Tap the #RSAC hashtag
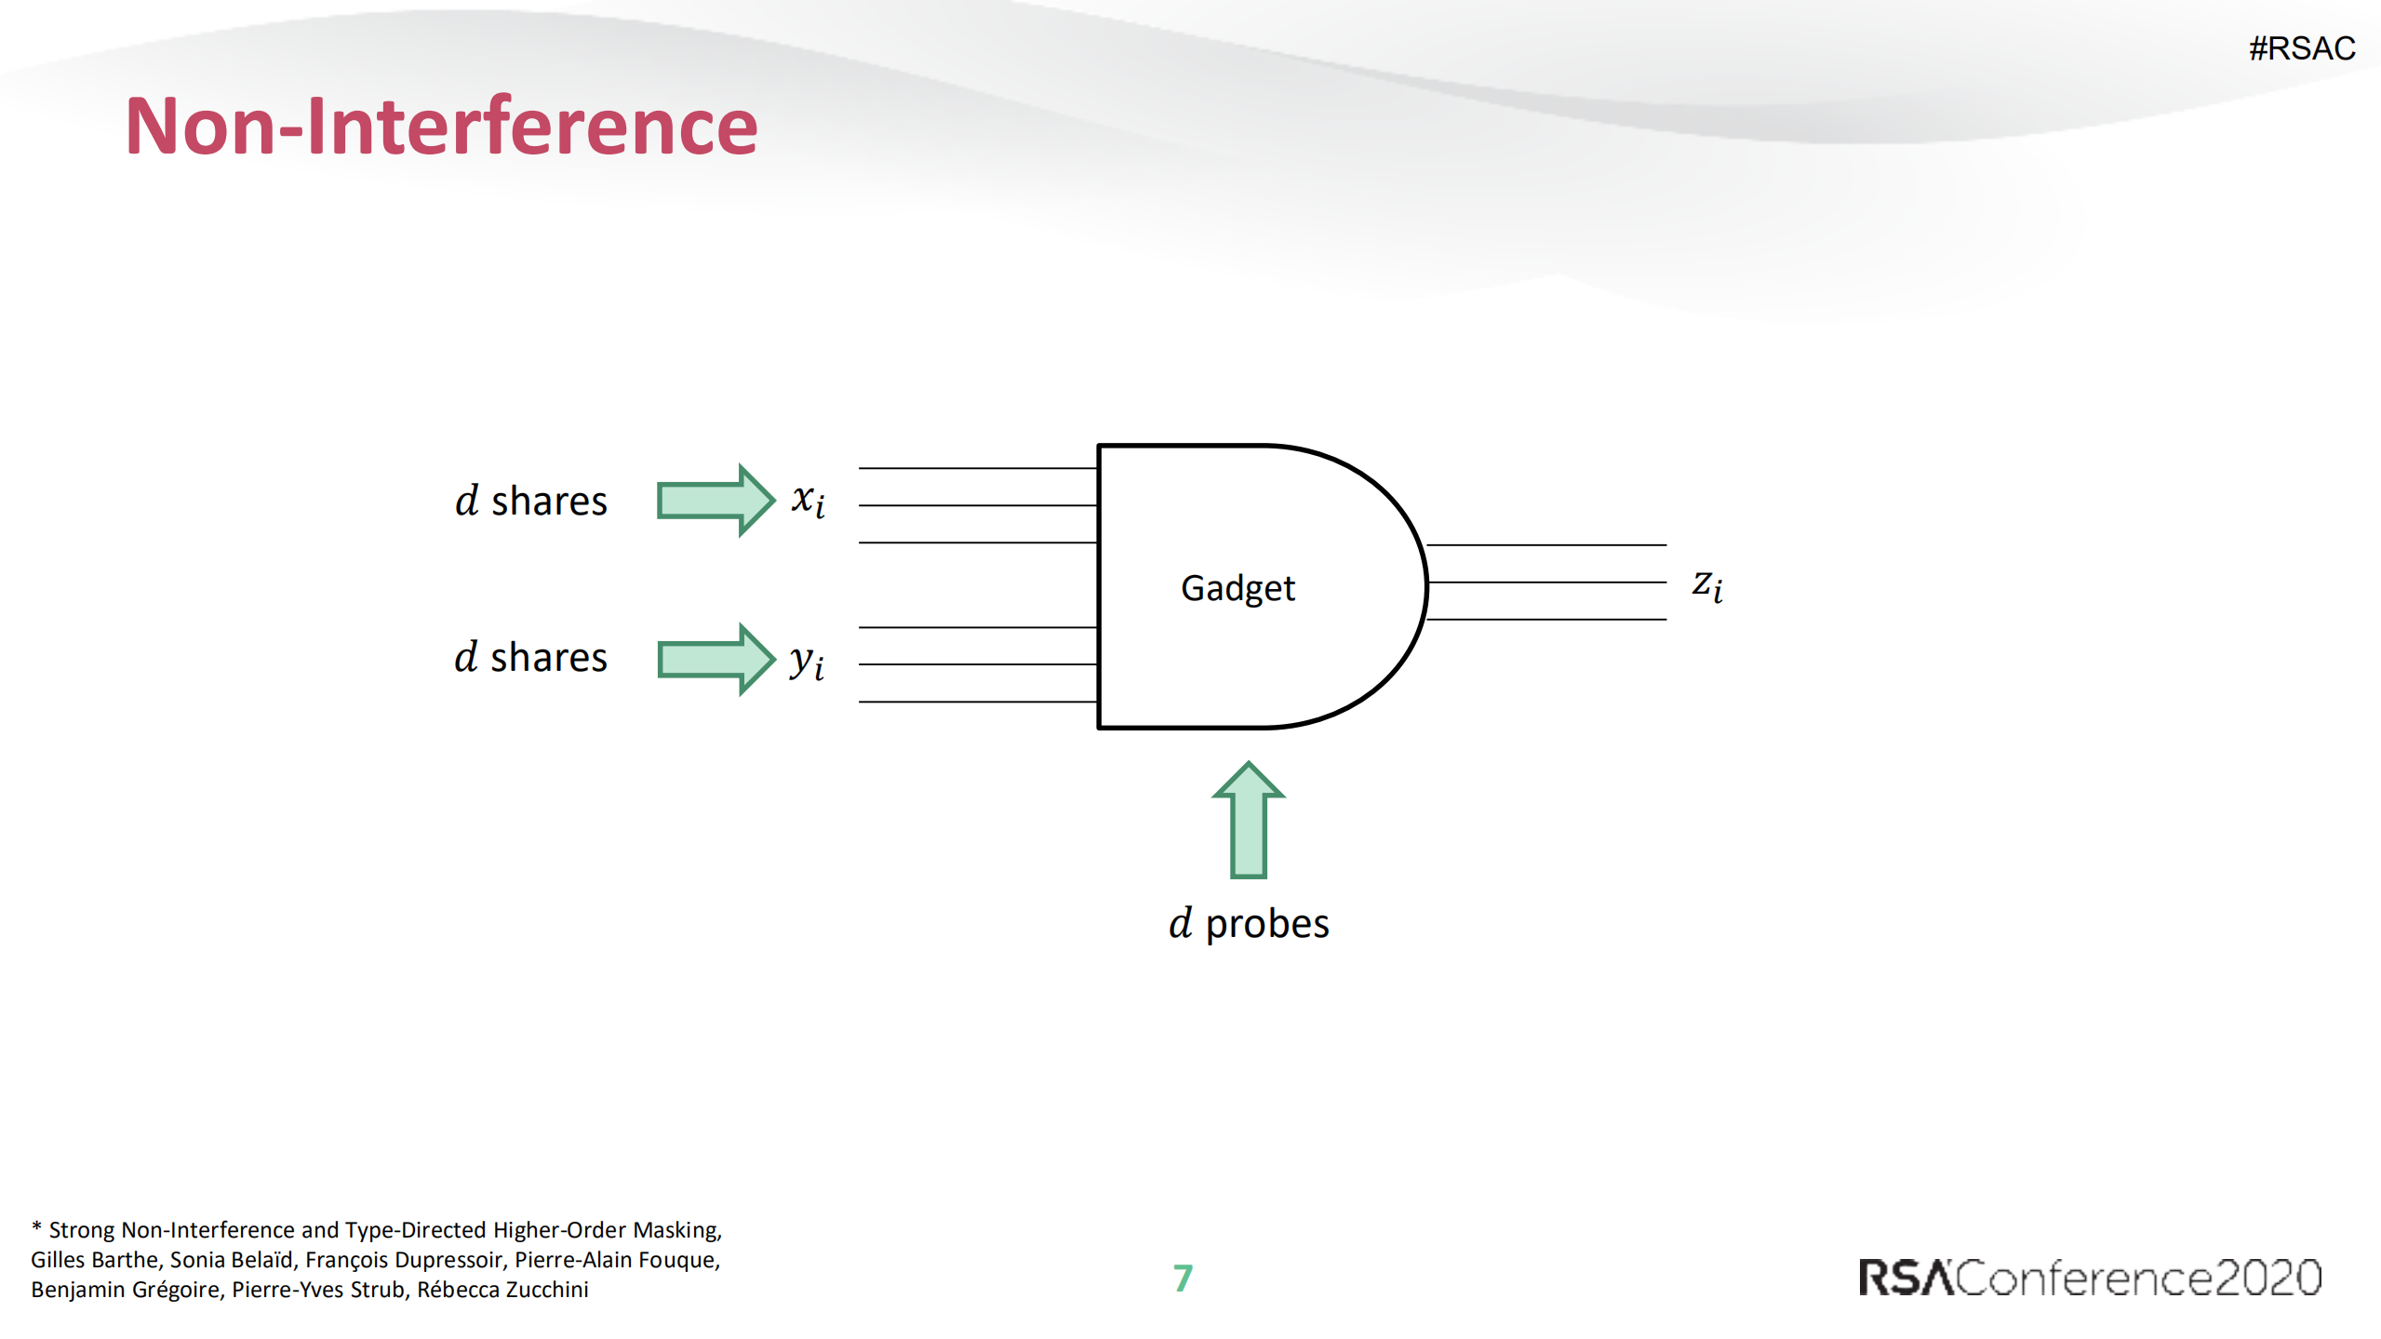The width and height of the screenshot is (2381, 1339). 2302,48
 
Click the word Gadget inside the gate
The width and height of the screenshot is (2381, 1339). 1237,589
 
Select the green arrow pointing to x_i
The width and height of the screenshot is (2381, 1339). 716,500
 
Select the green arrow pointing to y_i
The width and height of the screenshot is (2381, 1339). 716,659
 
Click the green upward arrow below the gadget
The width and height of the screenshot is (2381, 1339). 1249,820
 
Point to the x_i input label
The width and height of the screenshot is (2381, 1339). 808,501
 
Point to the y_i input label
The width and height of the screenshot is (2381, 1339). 807,662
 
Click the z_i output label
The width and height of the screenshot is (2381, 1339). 1707,586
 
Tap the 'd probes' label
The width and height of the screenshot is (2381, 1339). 1249,924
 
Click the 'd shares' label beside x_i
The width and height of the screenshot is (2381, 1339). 530,501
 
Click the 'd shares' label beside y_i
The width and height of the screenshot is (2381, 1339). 530,657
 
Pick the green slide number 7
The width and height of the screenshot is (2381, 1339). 1183,1278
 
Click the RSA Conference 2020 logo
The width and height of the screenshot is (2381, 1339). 2090,1278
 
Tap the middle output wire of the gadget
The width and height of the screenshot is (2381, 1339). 1546,582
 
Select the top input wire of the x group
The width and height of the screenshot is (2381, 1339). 978,468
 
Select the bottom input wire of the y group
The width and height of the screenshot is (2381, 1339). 978,702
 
